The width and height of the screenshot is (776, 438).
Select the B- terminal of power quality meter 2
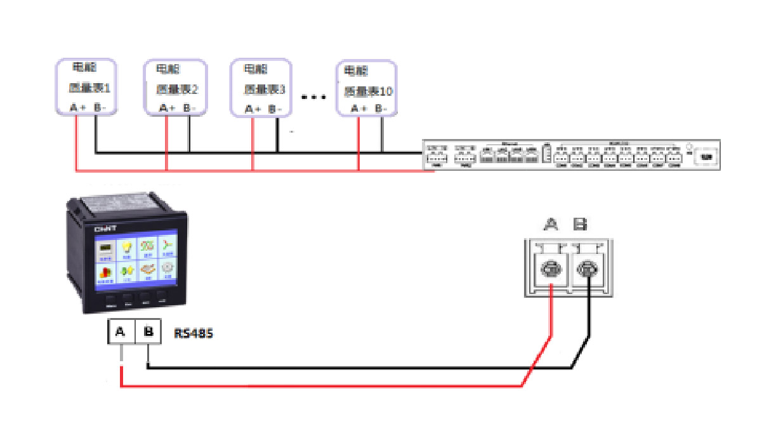(x=190, y=109)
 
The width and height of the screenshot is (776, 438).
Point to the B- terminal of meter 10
(x=381, y=109)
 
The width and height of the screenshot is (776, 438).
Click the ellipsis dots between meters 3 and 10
(x=313, y=97)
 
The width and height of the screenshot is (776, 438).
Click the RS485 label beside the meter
(x=194, y=333)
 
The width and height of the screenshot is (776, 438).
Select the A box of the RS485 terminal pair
(x=121, y=331)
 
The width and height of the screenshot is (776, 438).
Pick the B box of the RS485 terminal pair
(x=148, y=331)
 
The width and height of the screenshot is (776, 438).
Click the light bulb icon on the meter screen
(x=126, y=248)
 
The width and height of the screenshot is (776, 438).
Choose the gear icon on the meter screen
(x=167, y=269)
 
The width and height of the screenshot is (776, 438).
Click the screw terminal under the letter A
(x=551, y=270)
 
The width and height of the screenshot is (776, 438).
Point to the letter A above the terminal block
(x=551, y=223)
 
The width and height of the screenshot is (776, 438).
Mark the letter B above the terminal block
(x=579, y=223)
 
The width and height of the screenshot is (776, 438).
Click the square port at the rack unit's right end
(x=706, y=155)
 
